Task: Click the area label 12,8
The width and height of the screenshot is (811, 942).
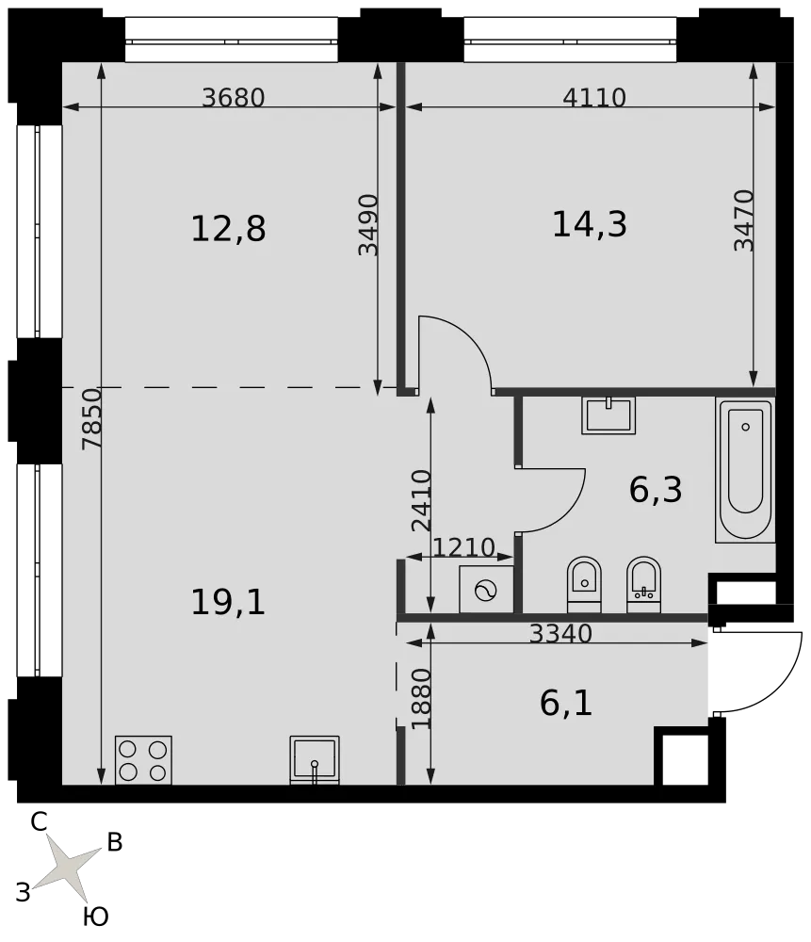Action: (x=228, y=229)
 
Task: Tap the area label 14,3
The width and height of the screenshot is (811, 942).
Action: (x=590, y=224)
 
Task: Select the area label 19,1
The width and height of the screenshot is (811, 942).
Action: (x=228, y=602)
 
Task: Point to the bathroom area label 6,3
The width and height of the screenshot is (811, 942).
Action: (x=656, y=489)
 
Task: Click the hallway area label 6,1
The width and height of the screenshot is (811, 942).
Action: (x=566, y=703)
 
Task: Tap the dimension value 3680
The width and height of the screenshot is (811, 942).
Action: (x=233, y=97)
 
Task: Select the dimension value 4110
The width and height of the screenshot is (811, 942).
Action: (x=594, y=97)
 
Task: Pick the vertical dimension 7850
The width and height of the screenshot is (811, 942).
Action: (x=92, y=419)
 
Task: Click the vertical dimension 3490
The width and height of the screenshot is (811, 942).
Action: (x=369, y=225)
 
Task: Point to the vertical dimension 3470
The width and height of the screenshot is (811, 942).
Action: (x=744, y=220)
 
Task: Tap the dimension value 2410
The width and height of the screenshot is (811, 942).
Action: (x=422, y=500)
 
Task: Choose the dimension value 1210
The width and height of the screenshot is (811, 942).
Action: (x=463, y=547)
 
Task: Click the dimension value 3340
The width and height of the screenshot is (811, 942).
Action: (x=560, y=633)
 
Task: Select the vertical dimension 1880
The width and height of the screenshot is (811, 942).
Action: (x=422, y=699)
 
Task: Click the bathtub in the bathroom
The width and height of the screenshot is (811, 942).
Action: (x=745, y=470)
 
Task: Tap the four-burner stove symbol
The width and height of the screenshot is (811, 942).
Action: (x=143, y=760)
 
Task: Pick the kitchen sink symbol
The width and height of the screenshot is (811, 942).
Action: (x=315, y=760)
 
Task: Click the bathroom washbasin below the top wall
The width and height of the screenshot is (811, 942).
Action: (x=608, y=415)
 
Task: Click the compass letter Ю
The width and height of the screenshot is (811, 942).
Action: (x=95, y=917)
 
